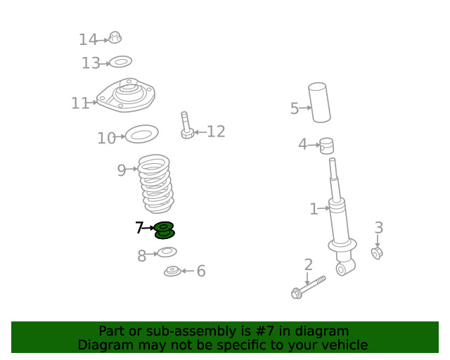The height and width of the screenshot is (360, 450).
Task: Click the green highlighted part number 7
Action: click(x=164, y=230)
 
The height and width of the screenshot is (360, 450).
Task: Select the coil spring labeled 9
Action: click(x=156, y=184)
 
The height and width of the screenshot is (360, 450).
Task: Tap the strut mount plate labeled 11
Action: click(x=126, y=95)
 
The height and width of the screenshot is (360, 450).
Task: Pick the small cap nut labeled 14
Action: click(x=115, y=37)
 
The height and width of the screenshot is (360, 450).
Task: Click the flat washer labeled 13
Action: click(x=121, y=62)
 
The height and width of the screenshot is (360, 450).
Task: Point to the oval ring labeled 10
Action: click(x=142, y=134)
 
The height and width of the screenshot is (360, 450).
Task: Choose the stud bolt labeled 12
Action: click(x=186, y=125)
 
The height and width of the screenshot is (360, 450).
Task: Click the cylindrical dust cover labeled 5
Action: click(x=319, y=103)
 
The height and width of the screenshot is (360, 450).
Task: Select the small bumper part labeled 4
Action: click(x=327, y=146)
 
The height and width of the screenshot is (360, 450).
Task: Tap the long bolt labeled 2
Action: click(x=309, y=288)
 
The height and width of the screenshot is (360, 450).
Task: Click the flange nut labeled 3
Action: click(x=377, y=253)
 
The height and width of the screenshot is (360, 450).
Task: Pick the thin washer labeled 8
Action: click(x=167, y=252)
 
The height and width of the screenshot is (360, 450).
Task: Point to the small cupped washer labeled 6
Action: click(x=172, y=271)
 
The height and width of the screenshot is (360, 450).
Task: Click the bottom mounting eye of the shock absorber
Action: click(x=342, y=269)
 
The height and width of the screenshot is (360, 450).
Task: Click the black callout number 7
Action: click(x=139, y=227)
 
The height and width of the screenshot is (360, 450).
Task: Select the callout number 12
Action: click(x=216, y=131)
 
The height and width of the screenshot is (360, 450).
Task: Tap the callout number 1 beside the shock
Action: click(x=314, y=209)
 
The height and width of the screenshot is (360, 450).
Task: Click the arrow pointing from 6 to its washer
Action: click(x=188, y=271)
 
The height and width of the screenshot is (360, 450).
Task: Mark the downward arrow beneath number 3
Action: click(x=378, y=240)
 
